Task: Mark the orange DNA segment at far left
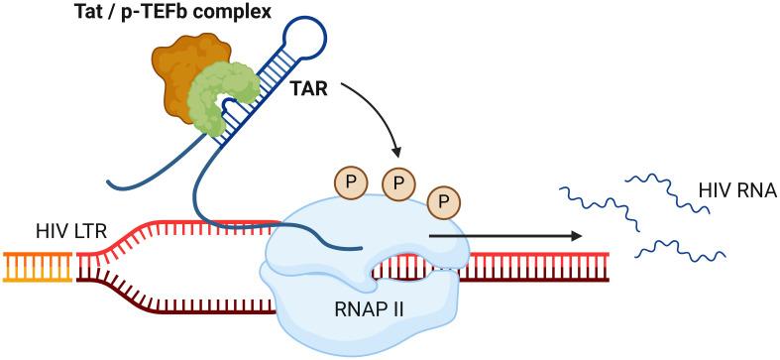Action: (38, 266)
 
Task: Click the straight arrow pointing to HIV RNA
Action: (505, 237)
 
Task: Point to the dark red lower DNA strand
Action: (178, 298)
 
